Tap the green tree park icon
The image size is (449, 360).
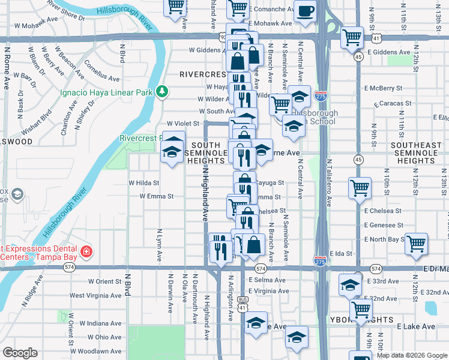161,92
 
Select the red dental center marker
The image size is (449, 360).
86,251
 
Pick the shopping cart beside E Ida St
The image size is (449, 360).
415,243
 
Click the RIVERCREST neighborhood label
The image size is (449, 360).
203,74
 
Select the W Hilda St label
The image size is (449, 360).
143,183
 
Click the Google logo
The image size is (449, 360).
20,353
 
